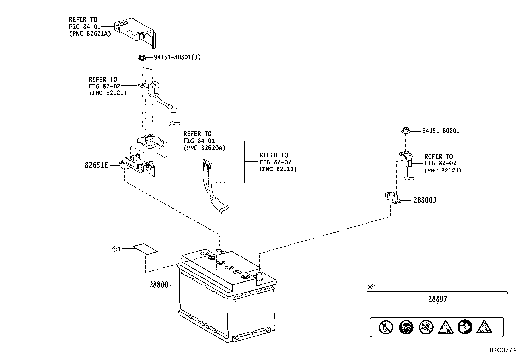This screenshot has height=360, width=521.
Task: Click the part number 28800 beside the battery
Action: tap(159, 285)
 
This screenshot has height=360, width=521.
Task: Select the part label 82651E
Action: tap(96, 165)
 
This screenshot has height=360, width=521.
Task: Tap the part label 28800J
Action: tap(425, 200)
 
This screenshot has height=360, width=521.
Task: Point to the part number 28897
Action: tap(438, 299)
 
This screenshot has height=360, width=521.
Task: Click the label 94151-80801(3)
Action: tap(177, 57)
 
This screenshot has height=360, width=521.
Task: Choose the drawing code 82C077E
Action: tap(503, 350)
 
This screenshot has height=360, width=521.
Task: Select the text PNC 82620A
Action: tap(205, 148)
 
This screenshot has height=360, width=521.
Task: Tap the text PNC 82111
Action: tap(278, 169)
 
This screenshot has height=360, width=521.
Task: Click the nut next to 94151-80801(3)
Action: tap(142, 57)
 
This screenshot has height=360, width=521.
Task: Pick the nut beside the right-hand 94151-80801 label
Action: tap(405, 131)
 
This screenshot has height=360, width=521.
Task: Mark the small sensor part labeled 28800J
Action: tap(393, 198)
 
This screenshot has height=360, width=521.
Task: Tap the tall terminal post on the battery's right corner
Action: tap(259, 278)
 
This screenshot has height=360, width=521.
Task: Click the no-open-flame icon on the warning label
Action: tap(386, 327)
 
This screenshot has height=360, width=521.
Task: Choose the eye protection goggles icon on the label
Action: tap(406, 327)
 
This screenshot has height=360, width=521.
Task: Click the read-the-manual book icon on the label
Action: tap(465, 327)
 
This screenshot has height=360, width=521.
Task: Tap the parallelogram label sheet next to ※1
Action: tap(145, 249)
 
